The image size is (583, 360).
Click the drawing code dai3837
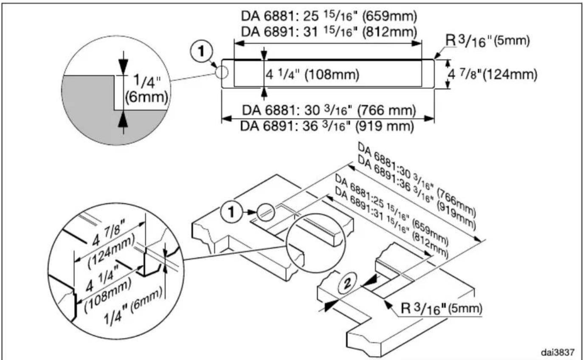click(558, 352)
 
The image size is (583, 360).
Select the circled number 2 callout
click(347, 283)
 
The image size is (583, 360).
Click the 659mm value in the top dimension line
click(390, 17)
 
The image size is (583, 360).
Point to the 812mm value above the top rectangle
click(390, 32)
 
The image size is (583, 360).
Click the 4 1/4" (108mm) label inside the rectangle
click(313, 75)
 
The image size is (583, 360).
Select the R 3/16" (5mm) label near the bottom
click(442, 309)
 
